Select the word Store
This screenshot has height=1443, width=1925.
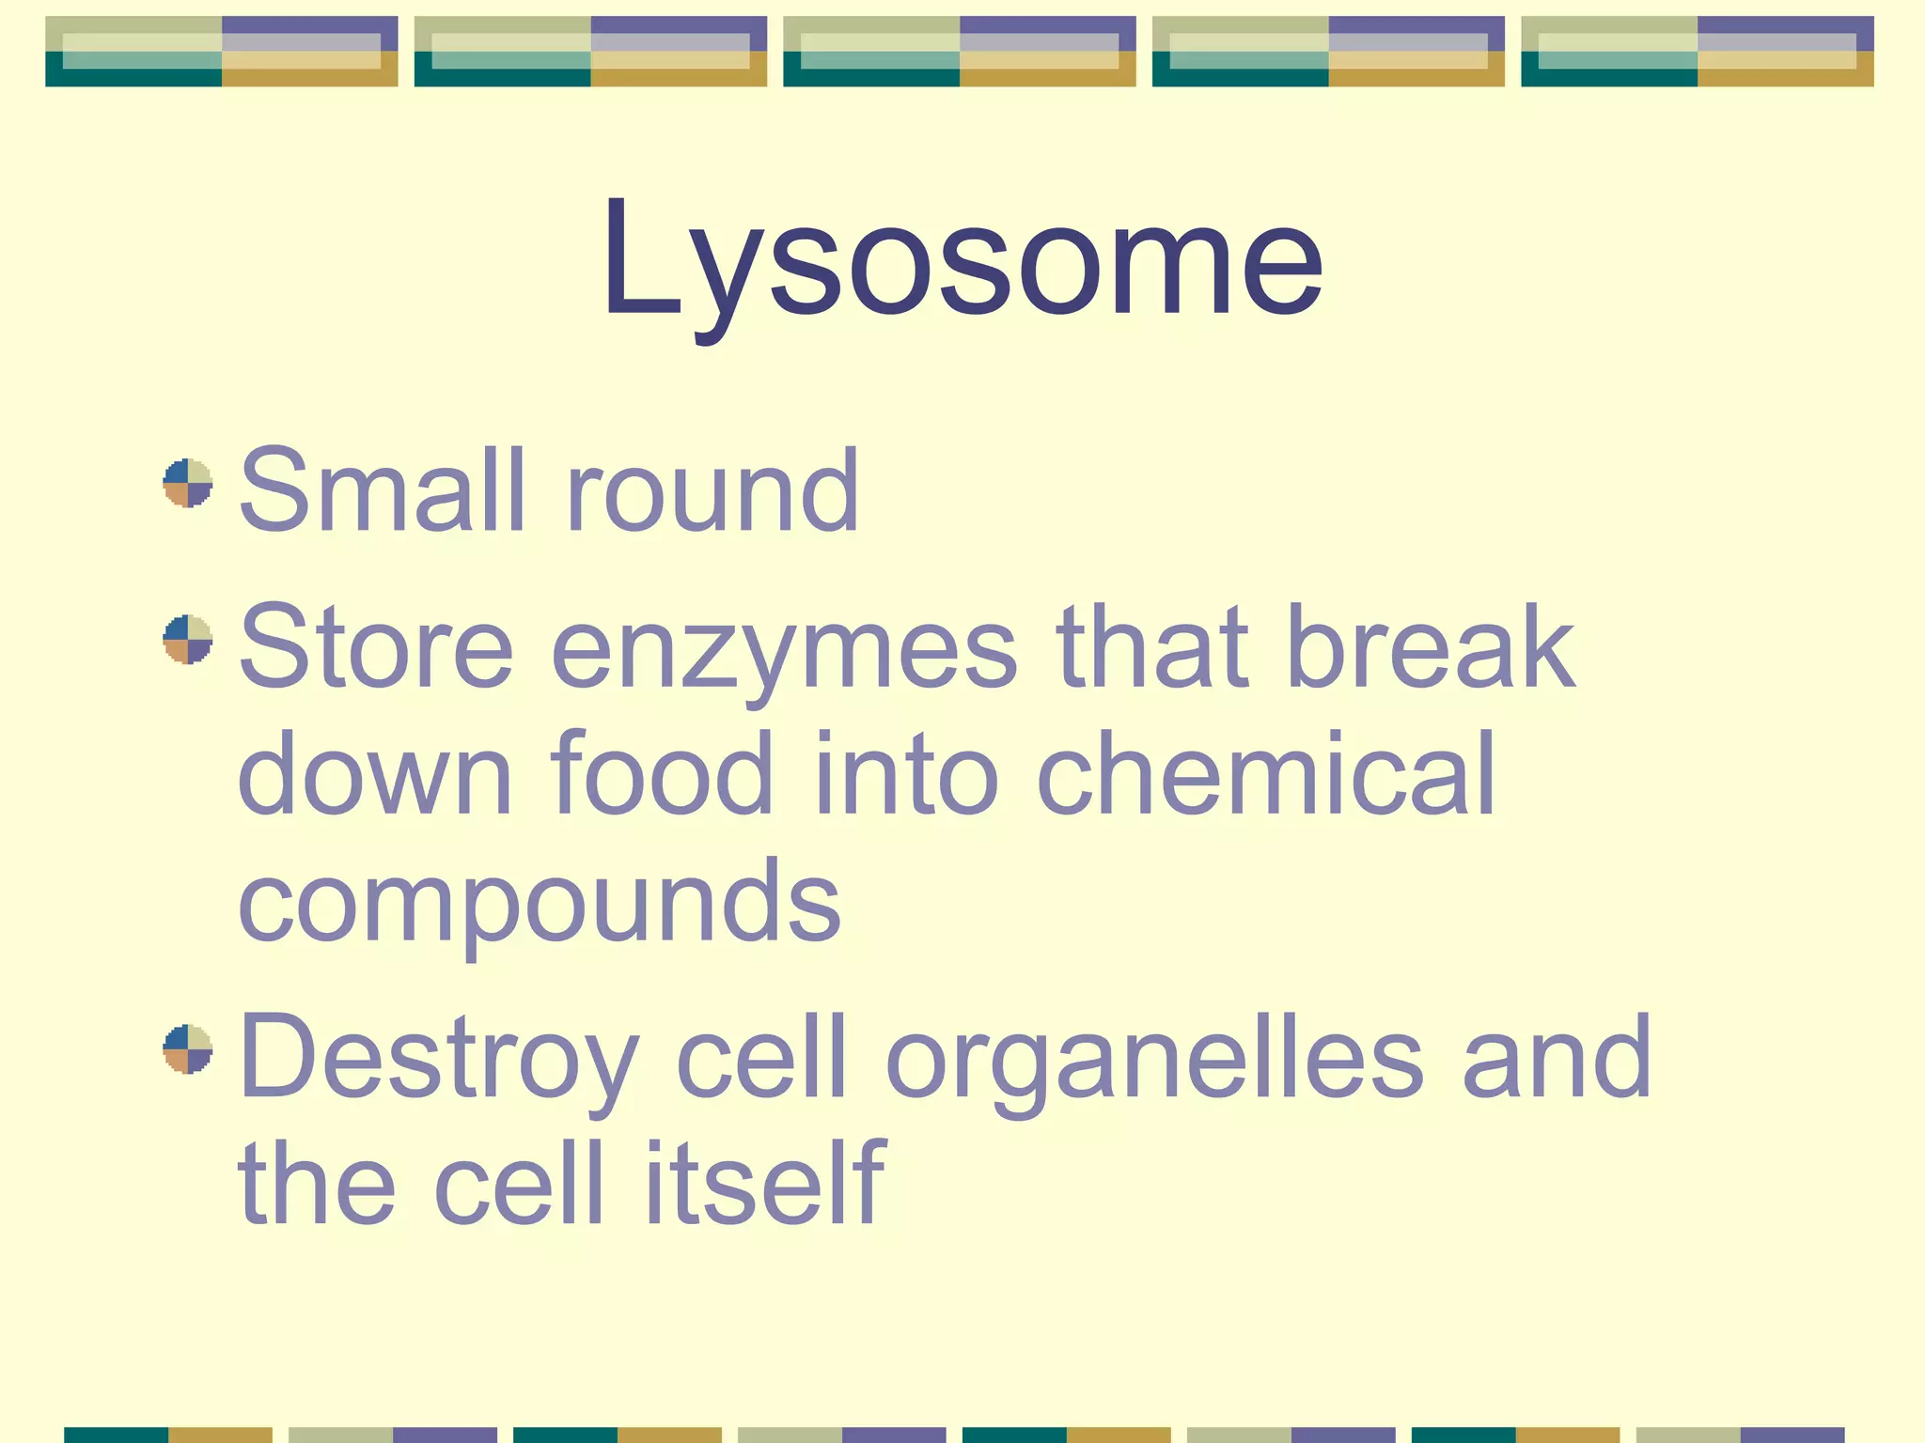click(x=376, y=648)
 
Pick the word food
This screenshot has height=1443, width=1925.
click(x=662, y=774)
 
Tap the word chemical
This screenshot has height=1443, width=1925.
click(x=1265, y=774)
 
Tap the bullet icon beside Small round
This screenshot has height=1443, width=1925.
click(x=188, y=483)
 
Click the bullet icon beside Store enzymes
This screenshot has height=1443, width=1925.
click(x=188, y=640)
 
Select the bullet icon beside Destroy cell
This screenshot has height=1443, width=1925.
click(x=188, y=1049)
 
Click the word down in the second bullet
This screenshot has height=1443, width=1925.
click(x=375, y=774)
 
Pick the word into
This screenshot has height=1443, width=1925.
click(x=906, y=774)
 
